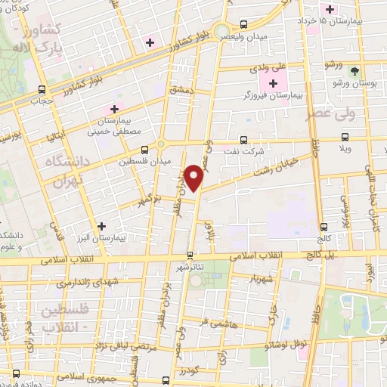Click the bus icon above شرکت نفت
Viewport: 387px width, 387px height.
(243, 139)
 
